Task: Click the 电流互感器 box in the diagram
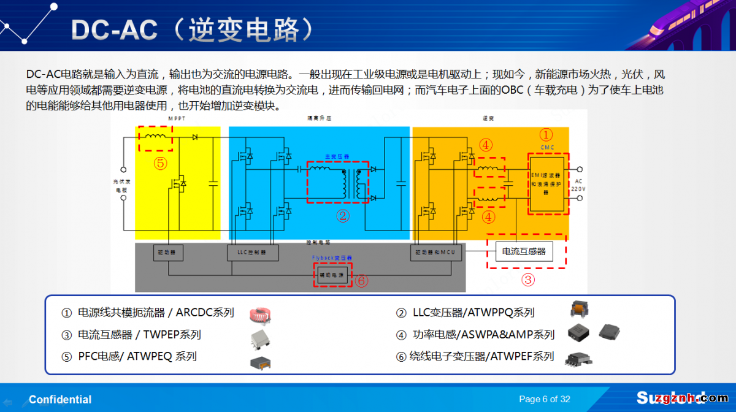coord(524,251)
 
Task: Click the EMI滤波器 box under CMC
coord(548,184)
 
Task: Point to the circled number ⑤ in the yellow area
coord(160,163)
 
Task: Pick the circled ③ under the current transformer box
coord(527,280)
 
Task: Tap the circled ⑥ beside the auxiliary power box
coord(362,280)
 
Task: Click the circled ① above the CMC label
coord(545,135)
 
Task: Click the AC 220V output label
coord(578,185)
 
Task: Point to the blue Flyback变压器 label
coord(332,258)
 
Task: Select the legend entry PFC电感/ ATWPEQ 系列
coord(137,356)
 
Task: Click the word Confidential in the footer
coord(60,400)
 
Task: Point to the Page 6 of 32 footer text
coord(545,399)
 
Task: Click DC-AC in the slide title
coord(114,29)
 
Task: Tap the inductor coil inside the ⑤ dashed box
coord(154,137)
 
